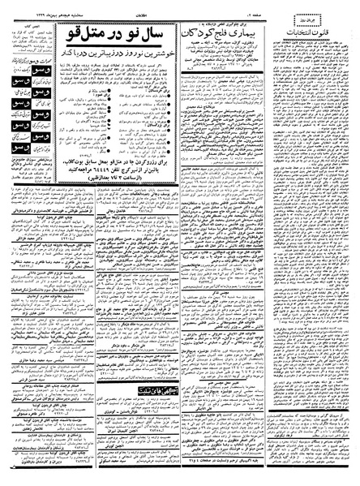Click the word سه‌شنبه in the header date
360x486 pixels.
pyautogui.click(x=61, y=4)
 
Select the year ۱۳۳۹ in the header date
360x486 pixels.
pyautogui.click(x=24, y=4)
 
